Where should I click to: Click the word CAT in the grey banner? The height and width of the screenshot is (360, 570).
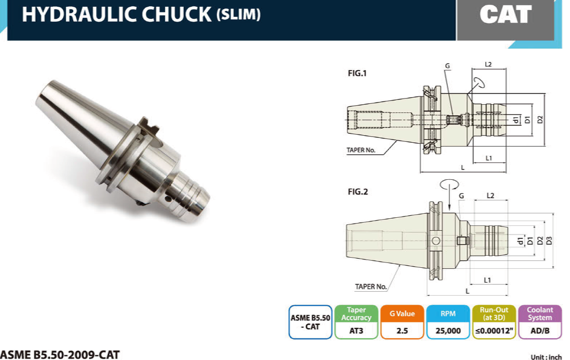click(x=505, y=14)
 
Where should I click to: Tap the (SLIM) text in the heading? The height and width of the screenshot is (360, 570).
click(x=239, y=14)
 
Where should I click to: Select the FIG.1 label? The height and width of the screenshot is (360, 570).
click(x=357, y=73)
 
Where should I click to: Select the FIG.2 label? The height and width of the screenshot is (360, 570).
click(x=358, y=191)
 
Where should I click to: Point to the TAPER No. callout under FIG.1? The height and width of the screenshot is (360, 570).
click(x=361, y=150)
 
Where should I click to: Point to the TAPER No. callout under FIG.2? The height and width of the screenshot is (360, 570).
click(x=371, y=286)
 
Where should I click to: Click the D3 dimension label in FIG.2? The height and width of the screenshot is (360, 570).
click(x=549, y=240)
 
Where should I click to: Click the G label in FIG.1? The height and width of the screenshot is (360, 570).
click(x=447, y=66)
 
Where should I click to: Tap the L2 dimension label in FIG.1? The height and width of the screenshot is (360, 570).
click(x=488, y=64)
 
